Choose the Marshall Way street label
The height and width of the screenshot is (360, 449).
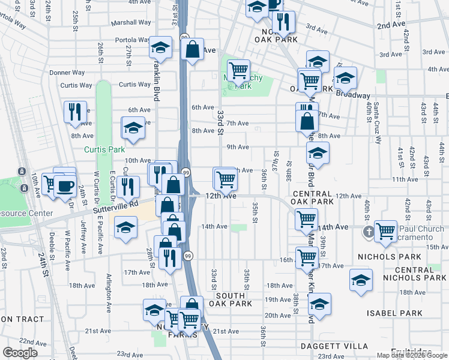[x=130, y=24]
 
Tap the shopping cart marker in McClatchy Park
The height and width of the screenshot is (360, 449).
[x=238, y=71]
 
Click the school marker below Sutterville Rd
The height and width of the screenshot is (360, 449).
[x=125, y=229]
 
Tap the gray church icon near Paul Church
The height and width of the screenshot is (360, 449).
[x=368, y=230]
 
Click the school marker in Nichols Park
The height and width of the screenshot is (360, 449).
[x=361, y=280]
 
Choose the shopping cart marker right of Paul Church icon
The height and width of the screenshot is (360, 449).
[x=385, y=230]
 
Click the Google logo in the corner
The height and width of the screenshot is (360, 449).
[x=20, y=353]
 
